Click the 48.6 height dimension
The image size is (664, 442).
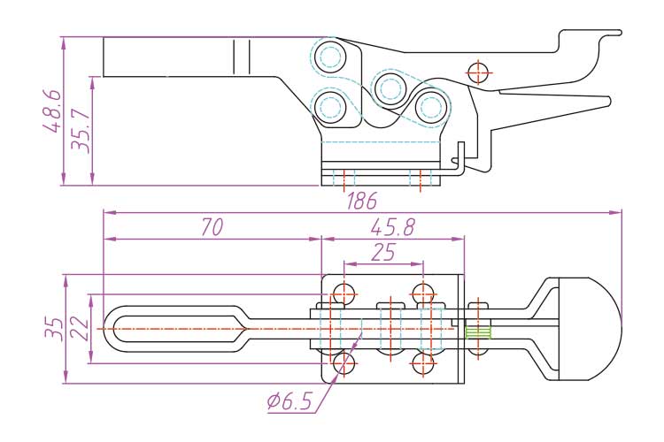point(53,110)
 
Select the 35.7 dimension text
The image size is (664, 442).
point(81,131)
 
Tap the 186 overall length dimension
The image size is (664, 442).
point(361,201)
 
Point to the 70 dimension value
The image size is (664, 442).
point(211,227)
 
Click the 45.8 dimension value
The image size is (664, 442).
point(393,227)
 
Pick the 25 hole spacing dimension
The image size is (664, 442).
point(382,253)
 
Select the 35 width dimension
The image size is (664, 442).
point(53,329)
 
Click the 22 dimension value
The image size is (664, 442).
point(80,329)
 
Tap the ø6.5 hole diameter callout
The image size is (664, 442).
point(289,402)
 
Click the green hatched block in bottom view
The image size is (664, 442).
point(477,332)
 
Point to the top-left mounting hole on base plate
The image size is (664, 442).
point(344,293)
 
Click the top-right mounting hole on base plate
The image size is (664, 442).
point(423,293)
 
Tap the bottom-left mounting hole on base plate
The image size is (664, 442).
point(344,362)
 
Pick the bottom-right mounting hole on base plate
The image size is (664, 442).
point(423,362)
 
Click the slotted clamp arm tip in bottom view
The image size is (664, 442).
point(168,329)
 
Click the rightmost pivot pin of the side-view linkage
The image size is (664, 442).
point(431,107)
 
